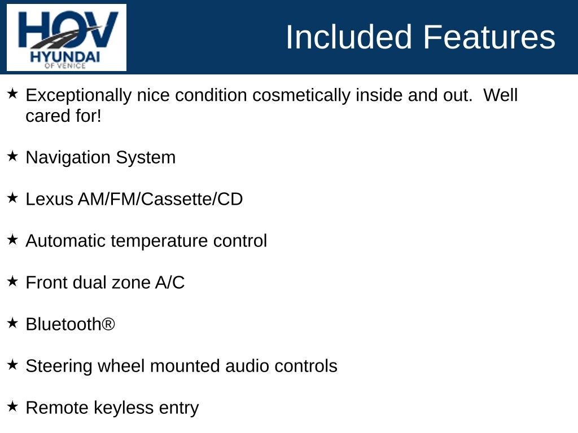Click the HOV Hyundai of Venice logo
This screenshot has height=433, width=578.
[67, 38]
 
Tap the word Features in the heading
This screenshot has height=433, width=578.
[489, 37]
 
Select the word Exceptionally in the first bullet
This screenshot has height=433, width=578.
[78, 96]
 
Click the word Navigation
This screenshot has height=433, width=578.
[68, 158]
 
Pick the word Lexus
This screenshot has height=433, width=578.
[50, 199]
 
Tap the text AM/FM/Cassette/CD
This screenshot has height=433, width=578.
[160, 199]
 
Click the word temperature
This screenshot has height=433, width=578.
[159, 241]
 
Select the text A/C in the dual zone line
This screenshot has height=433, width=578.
[170, 283]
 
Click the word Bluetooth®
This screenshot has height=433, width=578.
[71, 324]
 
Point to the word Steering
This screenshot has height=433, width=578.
[59, 366]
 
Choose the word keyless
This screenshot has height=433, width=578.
[124, 408]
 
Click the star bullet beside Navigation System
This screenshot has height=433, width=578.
[12, 156]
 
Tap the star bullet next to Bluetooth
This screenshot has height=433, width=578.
[12, 323]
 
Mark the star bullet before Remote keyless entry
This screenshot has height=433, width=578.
[12, 407]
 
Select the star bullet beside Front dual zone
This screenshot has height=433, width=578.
[12, 281]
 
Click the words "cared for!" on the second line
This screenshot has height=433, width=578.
[63, 116]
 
